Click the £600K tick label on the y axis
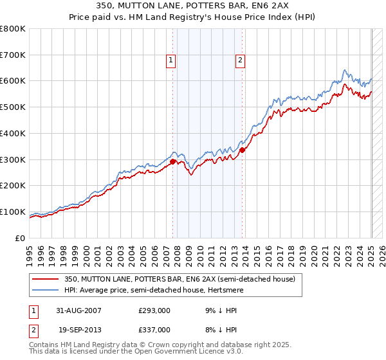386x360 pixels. click(x=13, y=81)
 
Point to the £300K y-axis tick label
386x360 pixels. click(x=13, y=159)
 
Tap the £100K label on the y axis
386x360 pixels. click(x=13, y=212)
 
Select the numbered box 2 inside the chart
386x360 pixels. click(x=240, y=61)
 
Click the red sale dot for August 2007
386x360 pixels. click(x=173, y=161)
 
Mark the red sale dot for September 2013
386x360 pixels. click(x=242, y=150)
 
